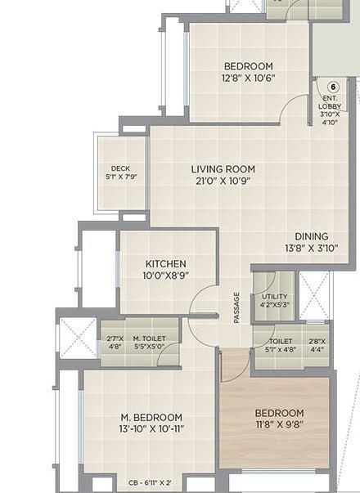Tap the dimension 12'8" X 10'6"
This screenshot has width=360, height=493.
pos(248,78)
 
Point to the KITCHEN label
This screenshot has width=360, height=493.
pos(166,264)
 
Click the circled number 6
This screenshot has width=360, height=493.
pos(332,87)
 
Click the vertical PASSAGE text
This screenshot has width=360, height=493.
pos(236,307)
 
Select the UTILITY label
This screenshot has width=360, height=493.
pos(274,296)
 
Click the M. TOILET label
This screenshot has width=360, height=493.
pos(149,338)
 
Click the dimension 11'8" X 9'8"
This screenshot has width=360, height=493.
pos(279,425)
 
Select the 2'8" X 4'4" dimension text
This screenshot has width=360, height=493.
pos(317,345)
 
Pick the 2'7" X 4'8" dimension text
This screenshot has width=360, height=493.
pos(115,342)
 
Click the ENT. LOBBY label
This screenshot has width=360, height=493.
pos(331,101)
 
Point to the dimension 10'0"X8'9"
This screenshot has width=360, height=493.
pos(166,276)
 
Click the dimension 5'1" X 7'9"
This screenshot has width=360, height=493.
pos(120,176)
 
